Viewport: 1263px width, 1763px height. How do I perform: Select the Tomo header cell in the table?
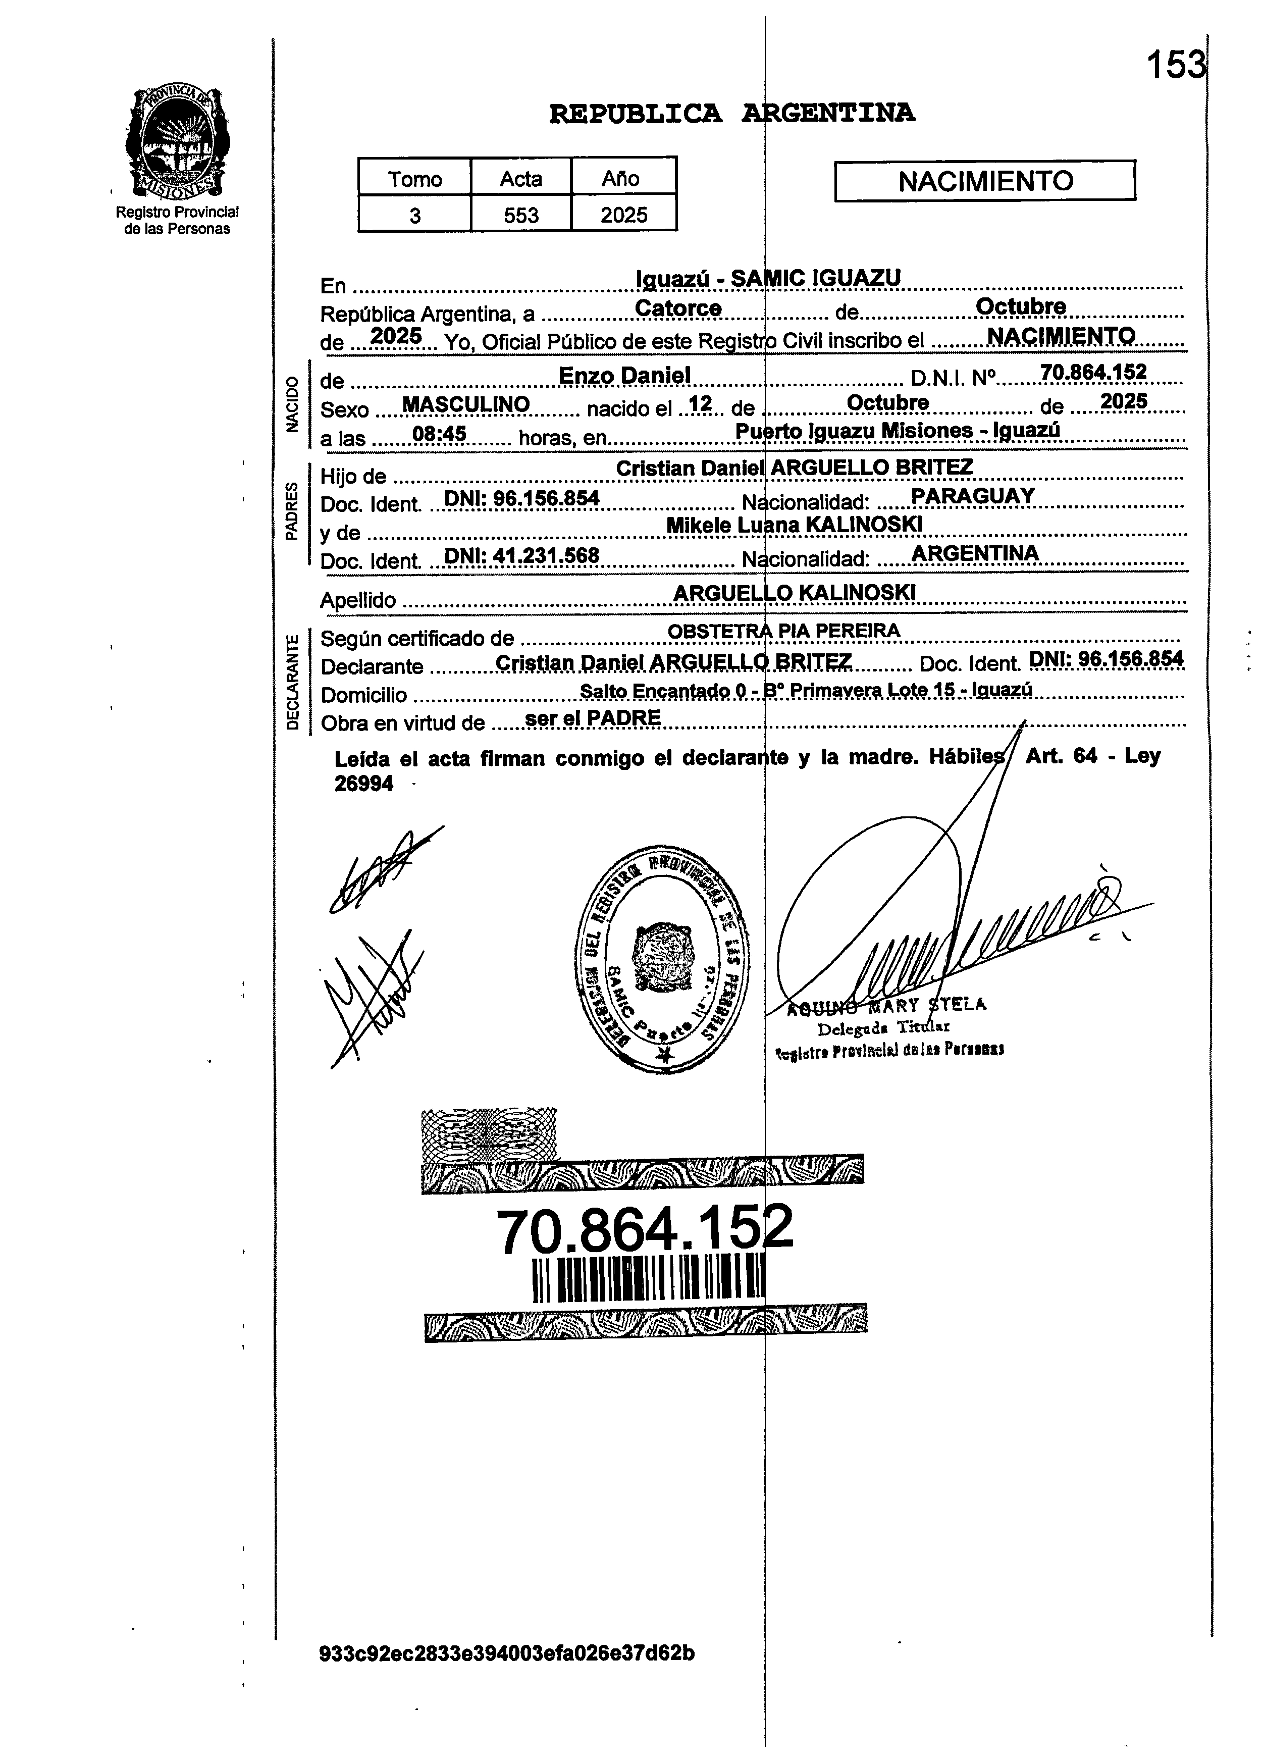coord(414,179)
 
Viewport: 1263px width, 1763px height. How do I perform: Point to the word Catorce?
coord(678,308)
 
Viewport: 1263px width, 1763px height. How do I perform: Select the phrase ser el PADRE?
coord(592,718)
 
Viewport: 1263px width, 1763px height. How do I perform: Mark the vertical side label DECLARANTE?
coord(292,682)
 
